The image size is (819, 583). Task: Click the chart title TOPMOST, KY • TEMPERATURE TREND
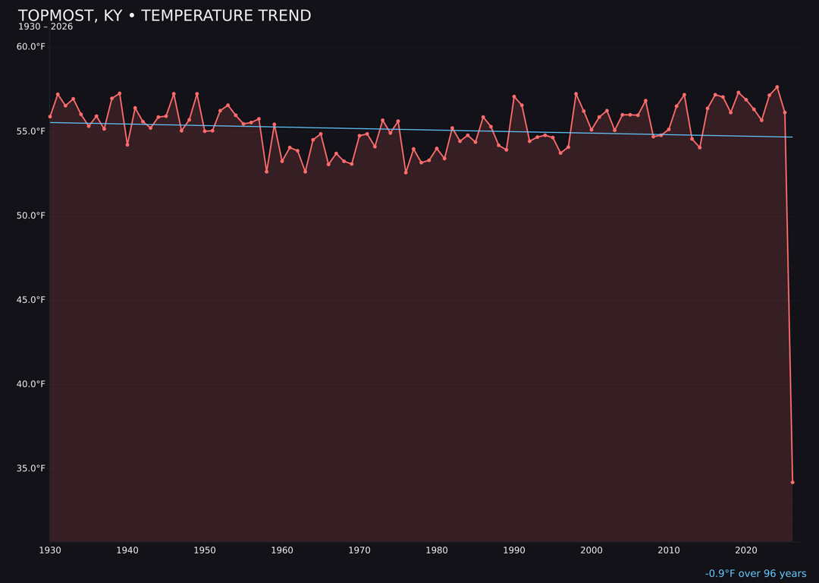click(x=165, y=16)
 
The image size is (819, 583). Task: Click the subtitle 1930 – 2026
click(x=45, y=27)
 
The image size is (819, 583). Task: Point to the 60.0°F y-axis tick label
click(x=31, y=47)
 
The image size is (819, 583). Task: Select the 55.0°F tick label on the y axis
click(x=31, y=131)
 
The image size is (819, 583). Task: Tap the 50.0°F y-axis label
click(x=31, y=216)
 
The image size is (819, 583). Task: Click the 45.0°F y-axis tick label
click(x=31, y=300)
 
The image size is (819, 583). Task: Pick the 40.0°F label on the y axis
click(x=31, y=384)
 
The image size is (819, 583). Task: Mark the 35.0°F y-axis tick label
click(x=31, y=468)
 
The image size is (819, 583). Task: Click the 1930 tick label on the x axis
click(x=50, y=550)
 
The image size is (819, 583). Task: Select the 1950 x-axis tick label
click(x=205, y=550)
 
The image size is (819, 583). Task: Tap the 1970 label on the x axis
click(x=359, y=550)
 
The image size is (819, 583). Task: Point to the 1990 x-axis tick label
click(x=514, y=550)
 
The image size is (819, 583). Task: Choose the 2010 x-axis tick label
click(x=669, y=550)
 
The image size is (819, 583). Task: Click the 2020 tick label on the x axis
click(x=746, y=550)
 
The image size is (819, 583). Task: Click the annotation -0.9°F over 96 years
click(x=755, y=574)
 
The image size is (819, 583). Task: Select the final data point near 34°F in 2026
click(x=792, y=482)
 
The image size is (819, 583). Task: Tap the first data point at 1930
click(x=50, y=117)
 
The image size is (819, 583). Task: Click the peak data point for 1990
click(x=514, y=96)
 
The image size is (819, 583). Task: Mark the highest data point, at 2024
click(x=777, y=87)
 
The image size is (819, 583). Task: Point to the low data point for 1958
click(x=266, y=172)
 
